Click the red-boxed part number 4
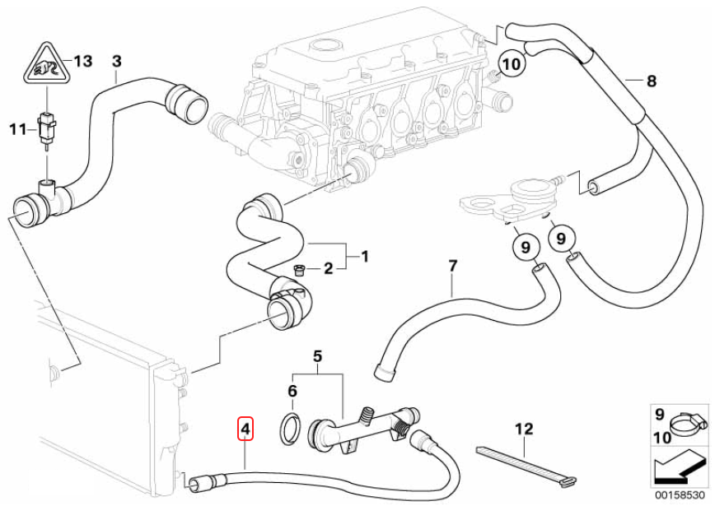245,429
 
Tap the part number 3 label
116,61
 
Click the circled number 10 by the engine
511,63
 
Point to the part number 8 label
651,81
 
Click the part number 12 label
524,429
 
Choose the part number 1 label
364,257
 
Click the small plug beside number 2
301,269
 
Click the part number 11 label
18,128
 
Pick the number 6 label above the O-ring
292,390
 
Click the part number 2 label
327,267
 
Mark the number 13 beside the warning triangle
83,61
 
